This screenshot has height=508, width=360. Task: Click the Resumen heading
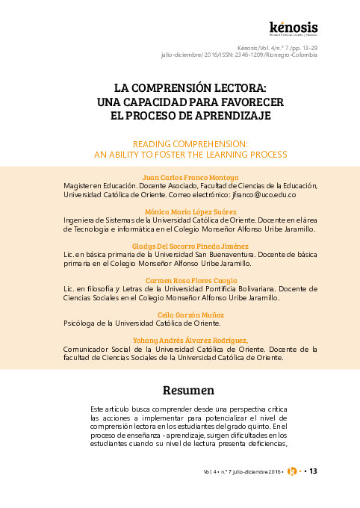[x=188, y=390]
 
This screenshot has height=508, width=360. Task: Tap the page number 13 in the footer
[x=314, y=471]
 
